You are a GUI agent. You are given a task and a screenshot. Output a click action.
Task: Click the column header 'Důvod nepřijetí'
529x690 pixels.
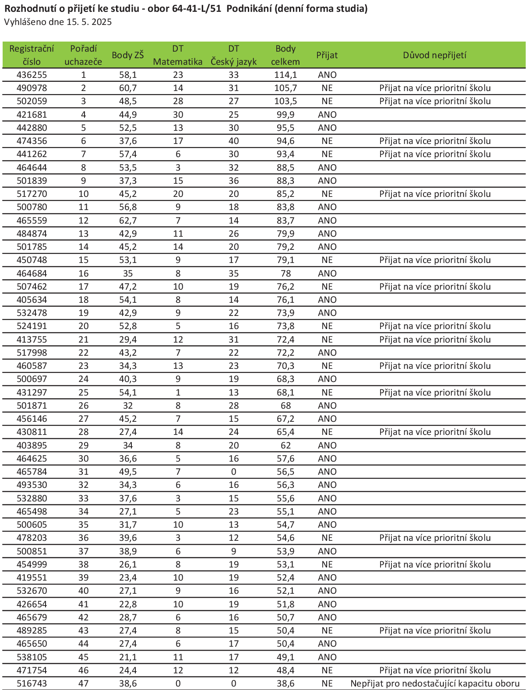434,55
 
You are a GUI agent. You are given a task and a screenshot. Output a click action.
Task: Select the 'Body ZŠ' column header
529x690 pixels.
127,55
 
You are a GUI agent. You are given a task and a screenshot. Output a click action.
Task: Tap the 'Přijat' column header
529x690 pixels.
327,55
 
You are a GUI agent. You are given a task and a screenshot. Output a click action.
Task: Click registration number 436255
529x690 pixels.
32,75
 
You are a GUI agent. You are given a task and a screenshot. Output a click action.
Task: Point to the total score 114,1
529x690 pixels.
286,75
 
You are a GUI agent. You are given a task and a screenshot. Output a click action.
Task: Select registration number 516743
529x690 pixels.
32,683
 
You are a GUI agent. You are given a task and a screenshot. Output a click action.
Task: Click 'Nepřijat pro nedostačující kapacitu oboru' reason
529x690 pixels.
435,683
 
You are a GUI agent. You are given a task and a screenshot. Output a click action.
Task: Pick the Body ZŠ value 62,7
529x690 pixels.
128,221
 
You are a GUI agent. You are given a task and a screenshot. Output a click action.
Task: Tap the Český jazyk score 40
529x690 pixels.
233,141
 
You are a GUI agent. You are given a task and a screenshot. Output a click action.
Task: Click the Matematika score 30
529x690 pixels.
178,115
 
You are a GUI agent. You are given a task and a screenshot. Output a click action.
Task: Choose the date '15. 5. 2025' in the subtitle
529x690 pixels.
89,22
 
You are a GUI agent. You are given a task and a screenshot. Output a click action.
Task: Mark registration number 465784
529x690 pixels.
32,472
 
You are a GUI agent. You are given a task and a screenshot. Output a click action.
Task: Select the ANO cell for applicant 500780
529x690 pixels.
327,207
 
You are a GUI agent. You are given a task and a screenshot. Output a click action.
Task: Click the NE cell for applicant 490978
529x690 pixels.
327,88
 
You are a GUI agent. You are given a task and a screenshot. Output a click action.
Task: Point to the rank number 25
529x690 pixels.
83,392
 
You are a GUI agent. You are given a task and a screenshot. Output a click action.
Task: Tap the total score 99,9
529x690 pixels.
286,115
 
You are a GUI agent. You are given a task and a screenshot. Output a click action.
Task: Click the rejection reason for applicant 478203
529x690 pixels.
435,538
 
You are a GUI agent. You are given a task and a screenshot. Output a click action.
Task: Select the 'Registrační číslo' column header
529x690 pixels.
32,55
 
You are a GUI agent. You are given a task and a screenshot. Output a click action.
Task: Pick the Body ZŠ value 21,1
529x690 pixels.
128,657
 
